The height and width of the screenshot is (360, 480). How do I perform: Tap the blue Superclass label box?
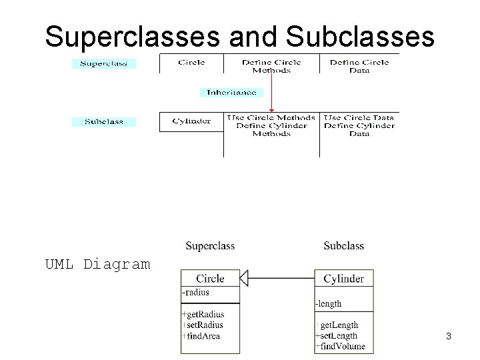pyautogui.click(x=104, y=64)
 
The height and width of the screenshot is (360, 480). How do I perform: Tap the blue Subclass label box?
pyautogui.click(x=104, y=122)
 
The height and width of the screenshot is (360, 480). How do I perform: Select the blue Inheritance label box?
pyautogui.click(x=232, y=93)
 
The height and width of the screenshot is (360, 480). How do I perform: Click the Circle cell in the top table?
pyautogui.click(x=191, y=63)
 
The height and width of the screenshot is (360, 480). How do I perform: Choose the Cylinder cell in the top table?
pyautogui.click(x=191, y=121)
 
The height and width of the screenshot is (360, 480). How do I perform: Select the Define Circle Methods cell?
pyautogui.click(x=271, y=66)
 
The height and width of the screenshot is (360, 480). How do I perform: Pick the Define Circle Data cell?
pyautogui.click(x=359, y=66)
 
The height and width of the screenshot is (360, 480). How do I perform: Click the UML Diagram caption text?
pyautogui.click(x=97, y=264)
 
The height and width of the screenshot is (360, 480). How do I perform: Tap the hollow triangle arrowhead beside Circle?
pyautogui.click(x=244, y=278)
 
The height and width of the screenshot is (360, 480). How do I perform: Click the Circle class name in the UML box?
pyautogui.click(x=210, y=279)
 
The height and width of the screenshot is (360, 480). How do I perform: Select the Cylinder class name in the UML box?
pyautogui.click(x=343, y=279)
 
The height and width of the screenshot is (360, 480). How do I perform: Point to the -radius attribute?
pyautogui.click(x=196, y=292)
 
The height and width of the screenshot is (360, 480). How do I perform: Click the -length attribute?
pyautogui.click(x=329, y=304)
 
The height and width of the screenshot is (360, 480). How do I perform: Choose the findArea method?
pyautogui.click(x=203, y=336)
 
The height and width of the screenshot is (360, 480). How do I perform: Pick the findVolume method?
pyautogui.click(x=342, y=346)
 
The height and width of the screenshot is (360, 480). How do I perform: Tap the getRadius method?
pyautogui.click(x=205, y=315)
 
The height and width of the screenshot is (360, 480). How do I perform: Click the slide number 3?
pyautogui.click(x=449, y=337)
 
